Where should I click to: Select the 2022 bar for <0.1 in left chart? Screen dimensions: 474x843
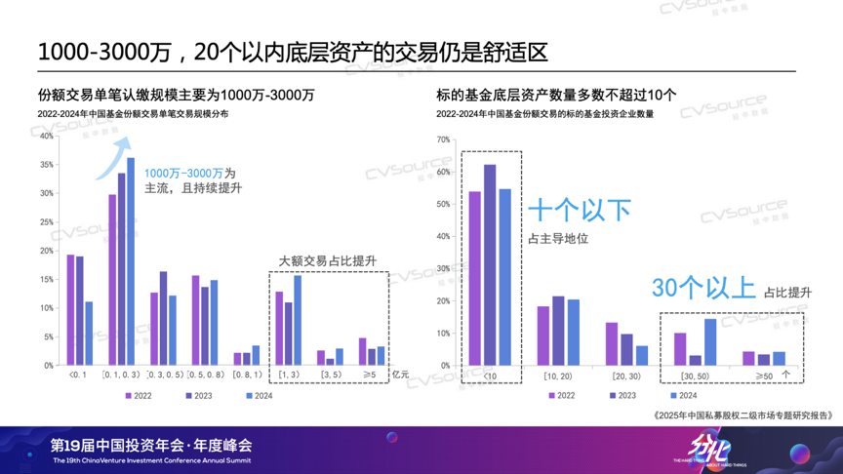pos(70,310)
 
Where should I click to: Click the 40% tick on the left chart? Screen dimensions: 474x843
pos(48,136)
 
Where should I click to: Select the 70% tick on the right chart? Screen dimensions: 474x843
pos(444,140)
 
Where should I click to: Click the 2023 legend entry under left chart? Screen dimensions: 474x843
pos(199,396)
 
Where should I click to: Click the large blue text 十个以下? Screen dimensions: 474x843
pos(580,212)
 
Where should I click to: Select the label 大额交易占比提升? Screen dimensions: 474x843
pos(327,260)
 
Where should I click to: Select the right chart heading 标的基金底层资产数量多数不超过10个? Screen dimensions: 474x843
pos(556,96)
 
